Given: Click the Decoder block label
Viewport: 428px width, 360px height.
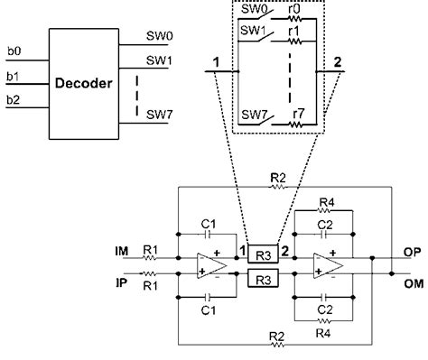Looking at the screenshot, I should pyautogui.click(x=82, y=84).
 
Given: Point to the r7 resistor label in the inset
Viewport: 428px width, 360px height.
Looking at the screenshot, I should pyautogui.click(x=293, y=113).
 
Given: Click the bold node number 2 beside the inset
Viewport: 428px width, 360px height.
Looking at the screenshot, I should pyautogui.click(x=336, y=62).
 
